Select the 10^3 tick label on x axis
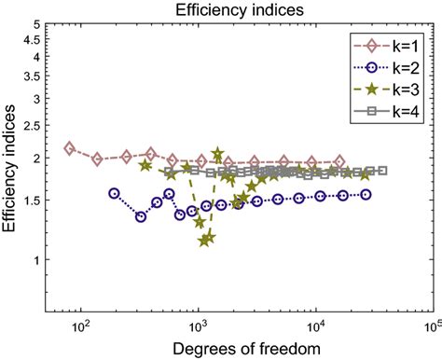[198, 326]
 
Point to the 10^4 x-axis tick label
[315, 326]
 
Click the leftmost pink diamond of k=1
[69, 148]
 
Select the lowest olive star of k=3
[204, 241]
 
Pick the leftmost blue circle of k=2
[114, 193]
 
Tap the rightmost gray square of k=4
[382, 171]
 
